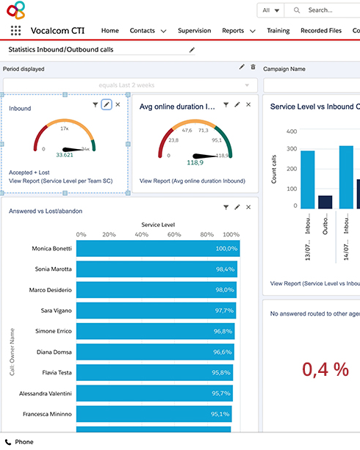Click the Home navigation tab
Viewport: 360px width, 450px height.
tap(109, 31)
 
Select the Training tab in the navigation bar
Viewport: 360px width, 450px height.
tap(278, 31)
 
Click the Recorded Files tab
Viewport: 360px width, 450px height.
tap(321, 31)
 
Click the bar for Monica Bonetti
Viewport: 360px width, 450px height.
tap(157, 249)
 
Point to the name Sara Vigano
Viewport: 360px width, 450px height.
tap(57, 311)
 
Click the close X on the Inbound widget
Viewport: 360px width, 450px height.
tap(118, 105)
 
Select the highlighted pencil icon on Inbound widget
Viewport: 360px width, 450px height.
tap(107, 105)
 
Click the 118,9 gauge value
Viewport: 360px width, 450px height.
tap(195, 162)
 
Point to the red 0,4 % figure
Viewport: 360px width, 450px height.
tap(315, 369)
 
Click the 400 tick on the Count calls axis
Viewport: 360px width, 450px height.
tap(291, 131)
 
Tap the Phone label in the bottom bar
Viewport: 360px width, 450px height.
tap(24, 442)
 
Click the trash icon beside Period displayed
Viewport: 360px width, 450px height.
tap(253, 68)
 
